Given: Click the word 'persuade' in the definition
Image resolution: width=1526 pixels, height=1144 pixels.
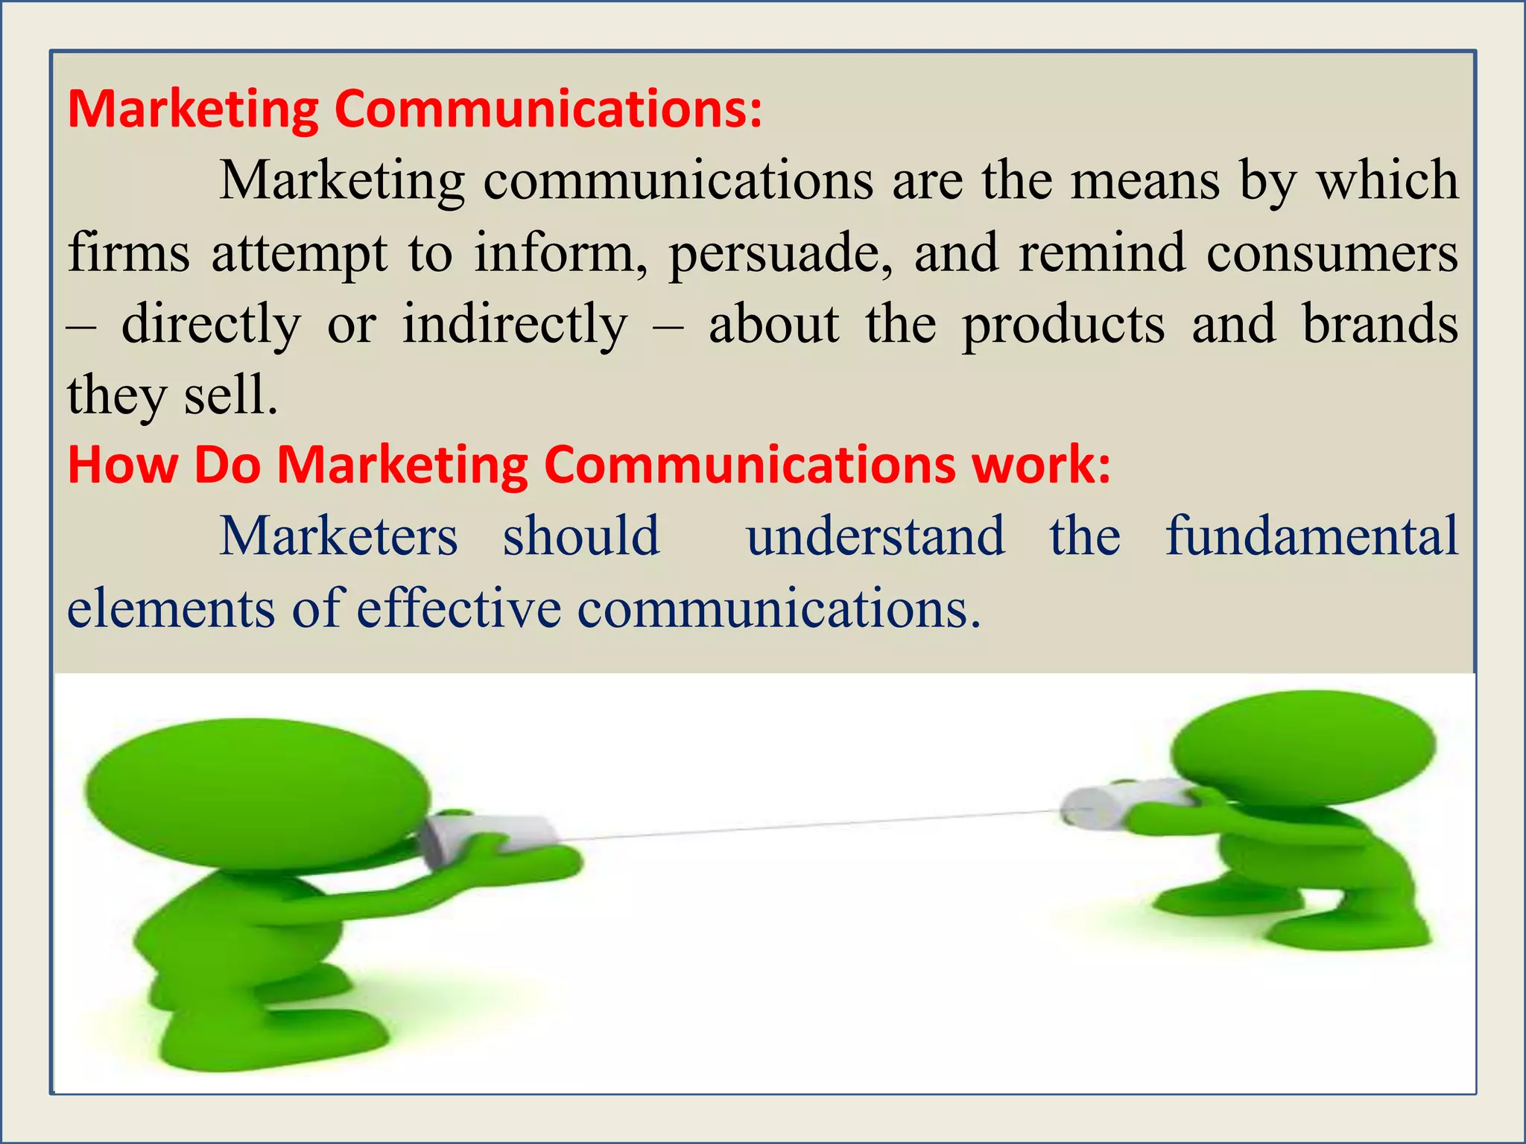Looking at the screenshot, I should click(779, 254).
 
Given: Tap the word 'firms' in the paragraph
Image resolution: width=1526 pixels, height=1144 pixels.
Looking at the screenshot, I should click(128, 253).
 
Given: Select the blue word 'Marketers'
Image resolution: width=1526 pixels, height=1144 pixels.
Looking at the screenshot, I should click(339, 536).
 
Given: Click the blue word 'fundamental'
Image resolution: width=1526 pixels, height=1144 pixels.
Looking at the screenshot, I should click(1311, 536).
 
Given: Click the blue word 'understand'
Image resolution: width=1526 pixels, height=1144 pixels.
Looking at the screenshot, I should click(876, 536).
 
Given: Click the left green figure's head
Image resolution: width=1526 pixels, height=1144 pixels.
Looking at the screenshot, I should click(257, 793).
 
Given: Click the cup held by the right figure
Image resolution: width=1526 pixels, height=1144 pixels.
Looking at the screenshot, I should click(1118, 803).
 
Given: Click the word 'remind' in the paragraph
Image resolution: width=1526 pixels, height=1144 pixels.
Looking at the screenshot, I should click(1103, 253).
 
